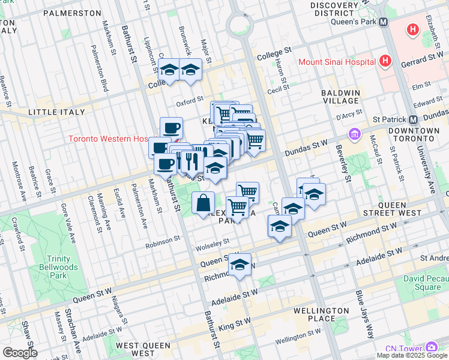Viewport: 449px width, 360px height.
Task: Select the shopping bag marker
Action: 203,203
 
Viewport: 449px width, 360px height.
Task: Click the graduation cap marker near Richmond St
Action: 240,265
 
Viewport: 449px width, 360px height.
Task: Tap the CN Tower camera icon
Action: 432,347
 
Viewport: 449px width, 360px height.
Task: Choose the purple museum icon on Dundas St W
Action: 354,133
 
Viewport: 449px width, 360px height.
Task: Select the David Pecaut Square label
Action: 422,283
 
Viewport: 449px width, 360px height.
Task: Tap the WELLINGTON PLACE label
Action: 322,314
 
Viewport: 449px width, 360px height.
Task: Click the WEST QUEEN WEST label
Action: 144,346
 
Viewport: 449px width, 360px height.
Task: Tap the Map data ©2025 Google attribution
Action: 411,355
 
